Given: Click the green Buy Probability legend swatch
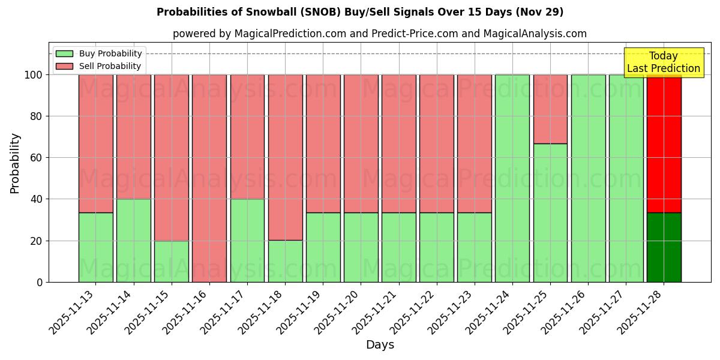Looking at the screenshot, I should click(64, 54).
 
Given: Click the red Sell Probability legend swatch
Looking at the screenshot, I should click(64, 67).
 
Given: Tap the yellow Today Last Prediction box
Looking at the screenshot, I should click(664, 62).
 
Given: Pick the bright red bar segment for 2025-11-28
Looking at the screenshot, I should click(664, 144).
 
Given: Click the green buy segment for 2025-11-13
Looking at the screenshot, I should click(95, 247).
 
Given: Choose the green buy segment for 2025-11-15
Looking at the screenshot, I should click(172, 261).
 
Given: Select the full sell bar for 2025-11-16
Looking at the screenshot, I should click(209, 178).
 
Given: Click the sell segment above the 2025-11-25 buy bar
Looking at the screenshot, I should click(550, 109).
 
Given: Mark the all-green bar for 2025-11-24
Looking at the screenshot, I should click(512, 178).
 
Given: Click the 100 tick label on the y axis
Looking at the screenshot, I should click(34, 75).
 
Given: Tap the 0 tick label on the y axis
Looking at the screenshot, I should click(40, 282).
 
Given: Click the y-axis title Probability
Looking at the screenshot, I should click(15, 163).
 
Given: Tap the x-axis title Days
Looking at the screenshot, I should click(380, 345).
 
